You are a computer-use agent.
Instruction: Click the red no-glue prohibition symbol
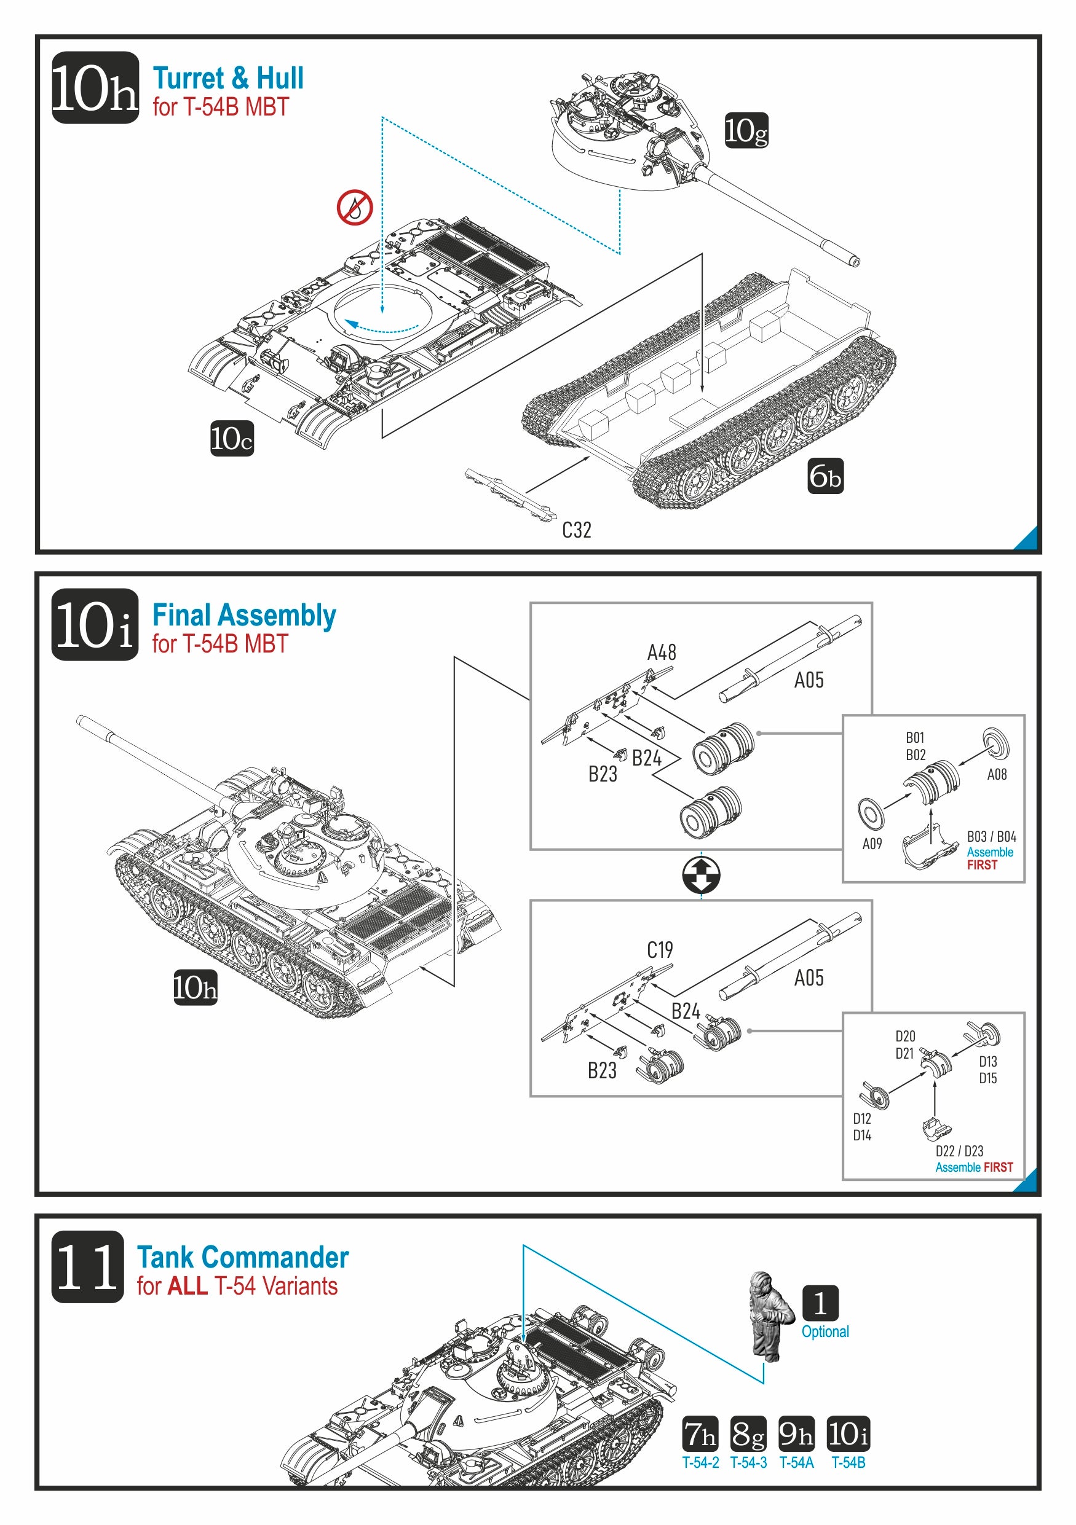[354, 207]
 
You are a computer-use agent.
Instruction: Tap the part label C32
[576, 530]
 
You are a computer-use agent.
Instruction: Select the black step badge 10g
[746, 130]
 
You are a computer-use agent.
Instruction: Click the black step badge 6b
[825, 476]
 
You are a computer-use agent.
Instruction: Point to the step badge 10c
[232, 438]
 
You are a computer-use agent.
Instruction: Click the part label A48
[662, 653]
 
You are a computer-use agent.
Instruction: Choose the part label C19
[660, 950]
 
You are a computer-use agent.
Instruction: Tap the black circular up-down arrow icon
[701, 875]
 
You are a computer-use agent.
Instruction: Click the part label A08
[996, 774]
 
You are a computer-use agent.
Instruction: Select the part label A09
[872, 844]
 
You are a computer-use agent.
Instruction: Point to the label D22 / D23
[959, 1151]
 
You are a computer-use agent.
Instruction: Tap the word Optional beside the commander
[825, 1331]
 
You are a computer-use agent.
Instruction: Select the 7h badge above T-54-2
[700, 1434]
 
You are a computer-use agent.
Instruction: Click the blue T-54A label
[796, 1462]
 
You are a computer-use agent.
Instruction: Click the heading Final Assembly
[244, 615]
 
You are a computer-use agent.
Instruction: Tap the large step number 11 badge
[88, 1266]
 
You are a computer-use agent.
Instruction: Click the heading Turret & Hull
[228, 79]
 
